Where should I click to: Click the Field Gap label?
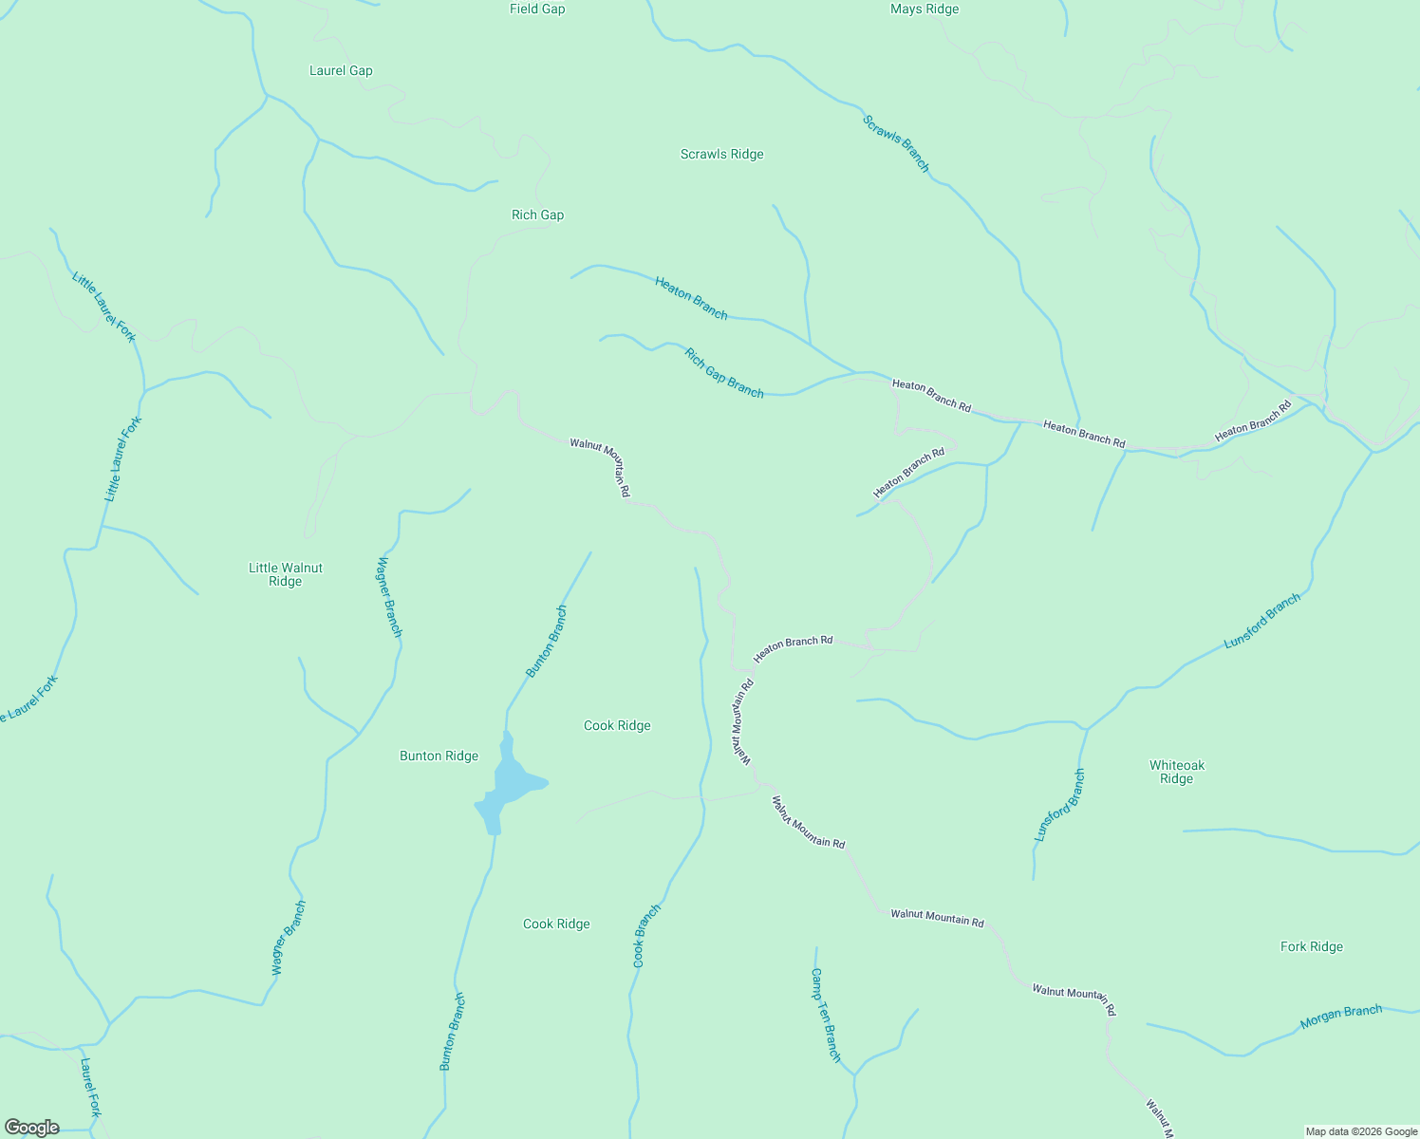tap(537, 9)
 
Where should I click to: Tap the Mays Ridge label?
tap(925, 9)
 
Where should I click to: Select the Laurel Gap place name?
tap(341, 70)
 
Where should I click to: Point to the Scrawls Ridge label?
tap(721, 154)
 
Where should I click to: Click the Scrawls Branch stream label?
tap(896, 143)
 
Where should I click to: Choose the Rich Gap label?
tap(537, 215)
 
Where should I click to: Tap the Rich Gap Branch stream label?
tap(724, 373)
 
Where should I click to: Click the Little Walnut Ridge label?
tap(285, 574)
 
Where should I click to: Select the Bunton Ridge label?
tap(439, 756)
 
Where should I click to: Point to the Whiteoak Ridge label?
tap(1176, 772)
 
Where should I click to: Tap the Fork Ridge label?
tap(1311, 946)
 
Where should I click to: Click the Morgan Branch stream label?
tap(1341, 1017)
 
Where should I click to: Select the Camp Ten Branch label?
tap(826, 1015)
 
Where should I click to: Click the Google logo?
tap(31, 1128)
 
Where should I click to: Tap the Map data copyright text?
tap(1360, 1131)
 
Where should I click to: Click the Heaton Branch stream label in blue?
tap(691, 298)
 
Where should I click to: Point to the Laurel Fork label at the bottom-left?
tap(90, 1088)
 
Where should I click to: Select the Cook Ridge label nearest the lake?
tap(617, 725)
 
